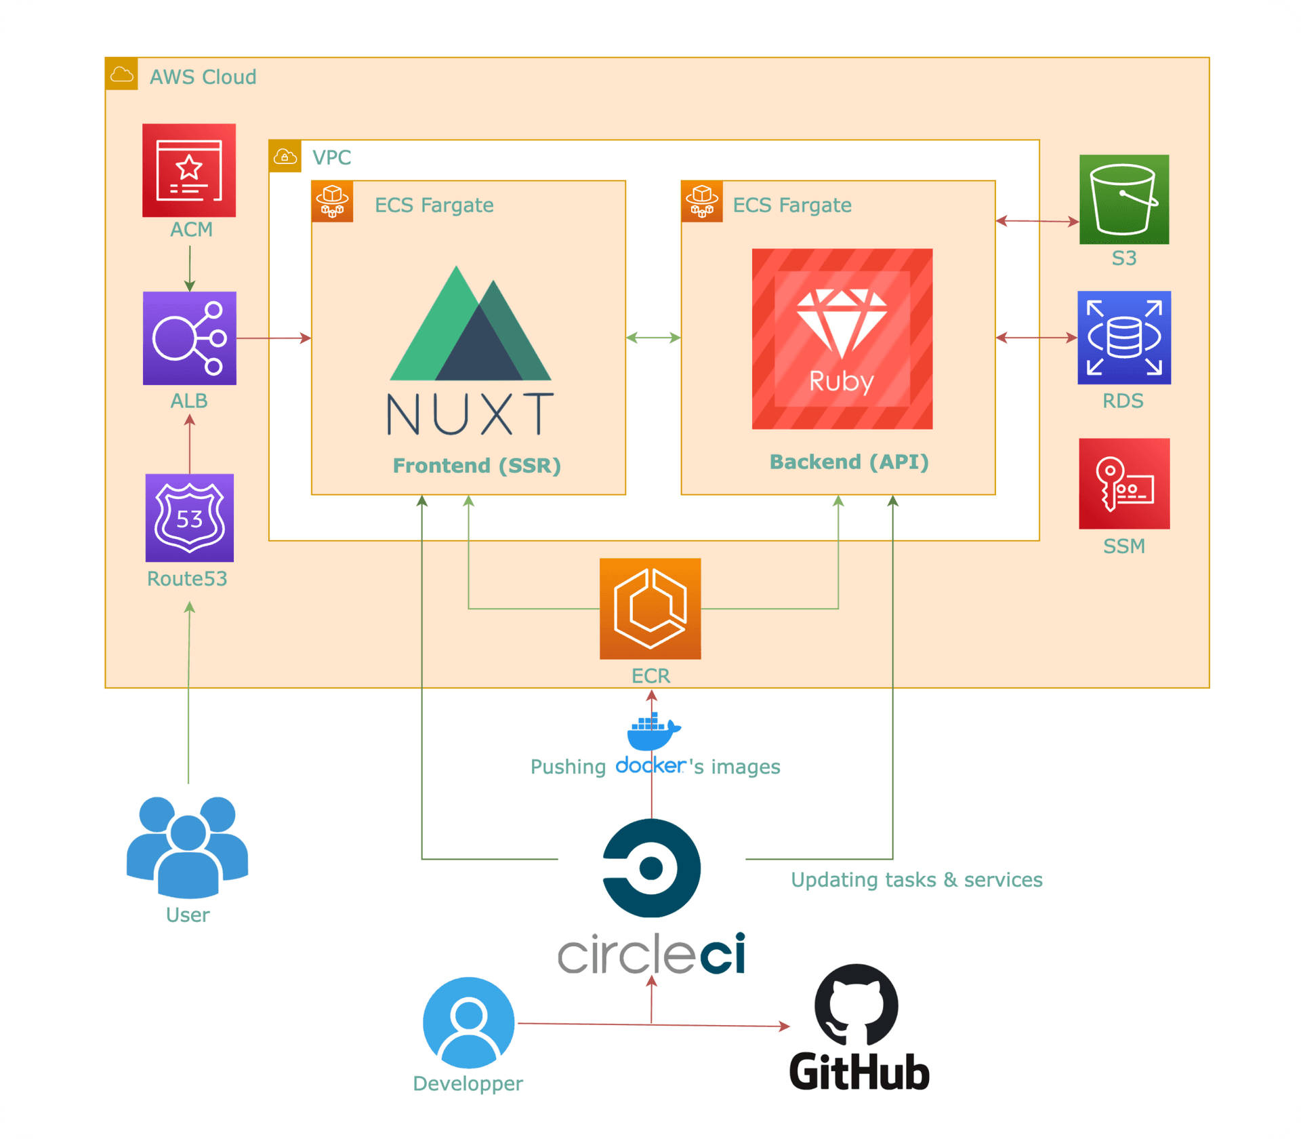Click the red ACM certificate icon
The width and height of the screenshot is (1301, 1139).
point(189,170)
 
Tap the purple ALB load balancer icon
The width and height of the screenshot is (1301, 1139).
point(190,338)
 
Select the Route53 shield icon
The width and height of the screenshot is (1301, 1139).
point(190,518)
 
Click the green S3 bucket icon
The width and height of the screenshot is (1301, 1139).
point(1124,199)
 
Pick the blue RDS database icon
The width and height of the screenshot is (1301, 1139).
point(1124,338)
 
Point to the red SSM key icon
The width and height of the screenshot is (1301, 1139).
point(1124,483)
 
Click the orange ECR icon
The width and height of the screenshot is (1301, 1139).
point(650,609)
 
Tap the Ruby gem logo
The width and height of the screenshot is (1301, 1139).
point(842,338)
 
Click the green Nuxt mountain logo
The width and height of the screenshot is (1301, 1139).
point(470,323)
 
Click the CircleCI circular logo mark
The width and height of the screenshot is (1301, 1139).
point(651,868)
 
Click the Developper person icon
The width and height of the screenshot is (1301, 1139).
point(469,1022)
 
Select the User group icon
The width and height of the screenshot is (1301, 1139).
point(188,847)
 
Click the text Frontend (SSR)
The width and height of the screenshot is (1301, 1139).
point(477,466)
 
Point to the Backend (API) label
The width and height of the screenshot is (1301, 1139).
point(849,462)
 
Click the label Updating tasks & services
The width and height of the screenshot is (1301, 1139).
point(916,880)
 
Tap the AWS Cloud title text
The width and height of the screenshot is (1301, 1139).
point(203,77)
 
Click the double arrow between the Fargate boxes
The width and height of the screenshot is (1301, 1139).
point(653,338)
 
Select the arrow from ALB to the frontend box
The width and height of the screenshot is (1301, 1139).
point(274,338)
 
